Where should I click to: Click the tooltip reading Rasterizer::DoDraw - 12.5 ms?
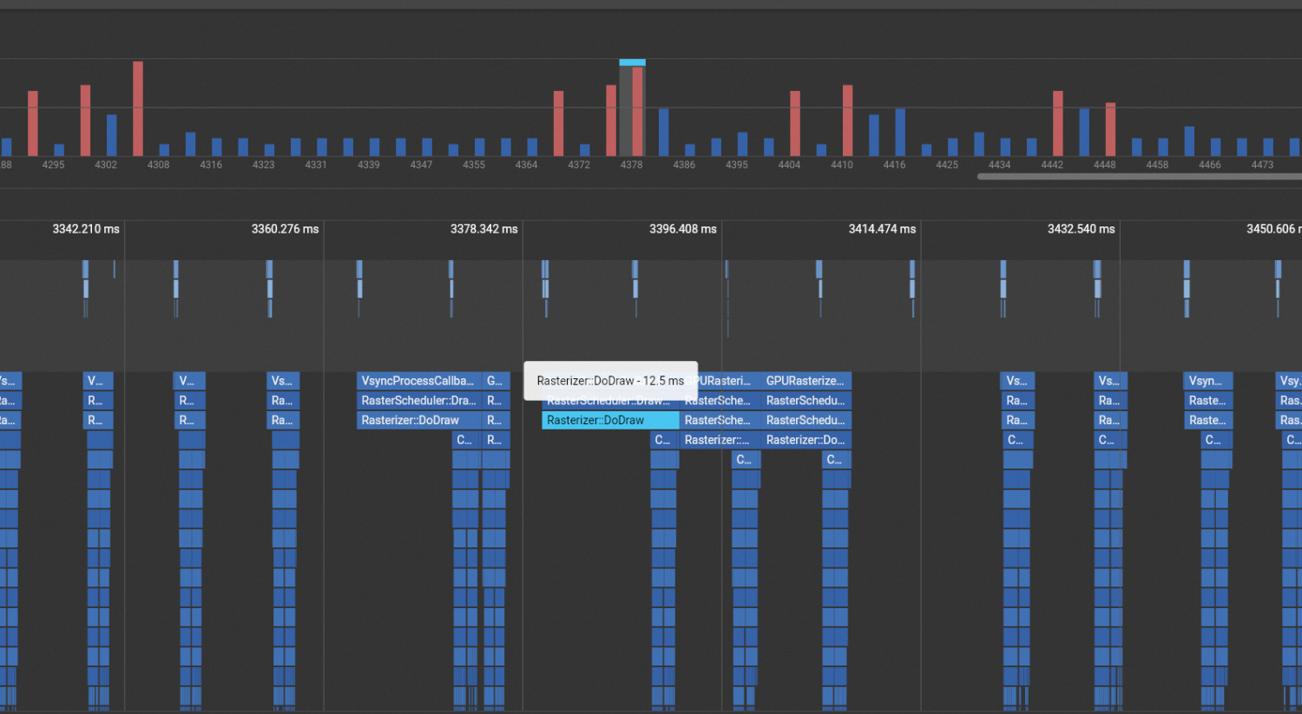(x=610, y=381)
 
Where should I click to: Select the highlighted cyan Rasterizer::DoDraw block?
(x=610, y=421)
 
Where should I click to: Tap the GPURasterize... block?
(x=806, y=381)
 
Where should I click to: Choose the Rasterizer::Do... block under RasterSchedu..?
(x=806, y=440)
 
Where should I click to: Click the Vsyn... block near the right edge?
(x=1207, y=381)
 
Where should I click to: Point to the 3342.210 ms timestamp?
(x=86, y=229)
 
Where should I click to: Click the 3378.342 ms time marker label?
(x=483, y=229)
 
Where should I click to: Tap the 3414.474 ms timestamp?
(x=882, y=229)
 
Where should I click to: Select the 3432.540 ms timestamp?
(x=1081, y=229)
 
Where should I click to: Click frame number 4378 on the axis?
(x=631, y=165)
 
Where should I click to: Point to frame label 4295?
(x=53, y=165)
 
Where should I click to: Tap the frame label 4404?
(x=789, y=165)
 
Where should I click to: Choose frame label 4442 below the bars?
(x=1052, y=165)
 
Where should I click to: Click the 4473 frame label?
(x=1262, y=165)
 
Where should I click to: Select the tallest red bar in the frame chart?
(x=138, y=108)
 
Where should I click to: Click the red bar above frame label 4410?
(x=847, y=121)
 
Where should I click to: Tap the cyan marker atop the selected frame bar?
(x=632, y=62)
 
